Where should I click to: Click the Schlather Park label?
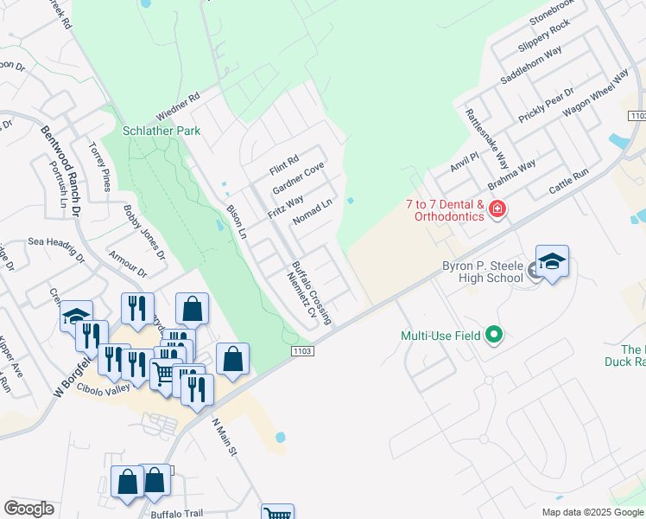pyautogui.click(x=161, y=131)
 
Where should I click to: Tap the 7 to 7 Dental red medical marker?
pyautogui.click(x=497, y=208)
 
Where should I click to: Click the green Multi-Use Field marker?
pyautogui.click(x=493, y=334)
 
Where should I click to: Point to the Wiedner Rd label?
pyautogui.click(x=178, y=106)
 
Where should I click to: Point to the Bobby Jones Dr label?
pyautogui.click(x=143, y=233)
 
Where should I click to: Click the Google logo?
pyautogui.click(x=28, y=509)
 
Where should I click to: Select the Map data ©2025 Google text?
pyautogui.click(x=592, y=512)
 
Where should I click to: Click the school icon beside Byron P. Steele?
pyautogui.click(x=552, y=261)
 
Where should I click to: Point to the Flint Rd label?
pyautogui.click(x=282, y=161)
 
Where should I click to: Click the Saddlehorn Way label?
pyautogui.click(x=530, y=66)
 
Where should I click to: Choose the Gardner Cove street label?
pyautogui.click(x=298, y=178)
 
